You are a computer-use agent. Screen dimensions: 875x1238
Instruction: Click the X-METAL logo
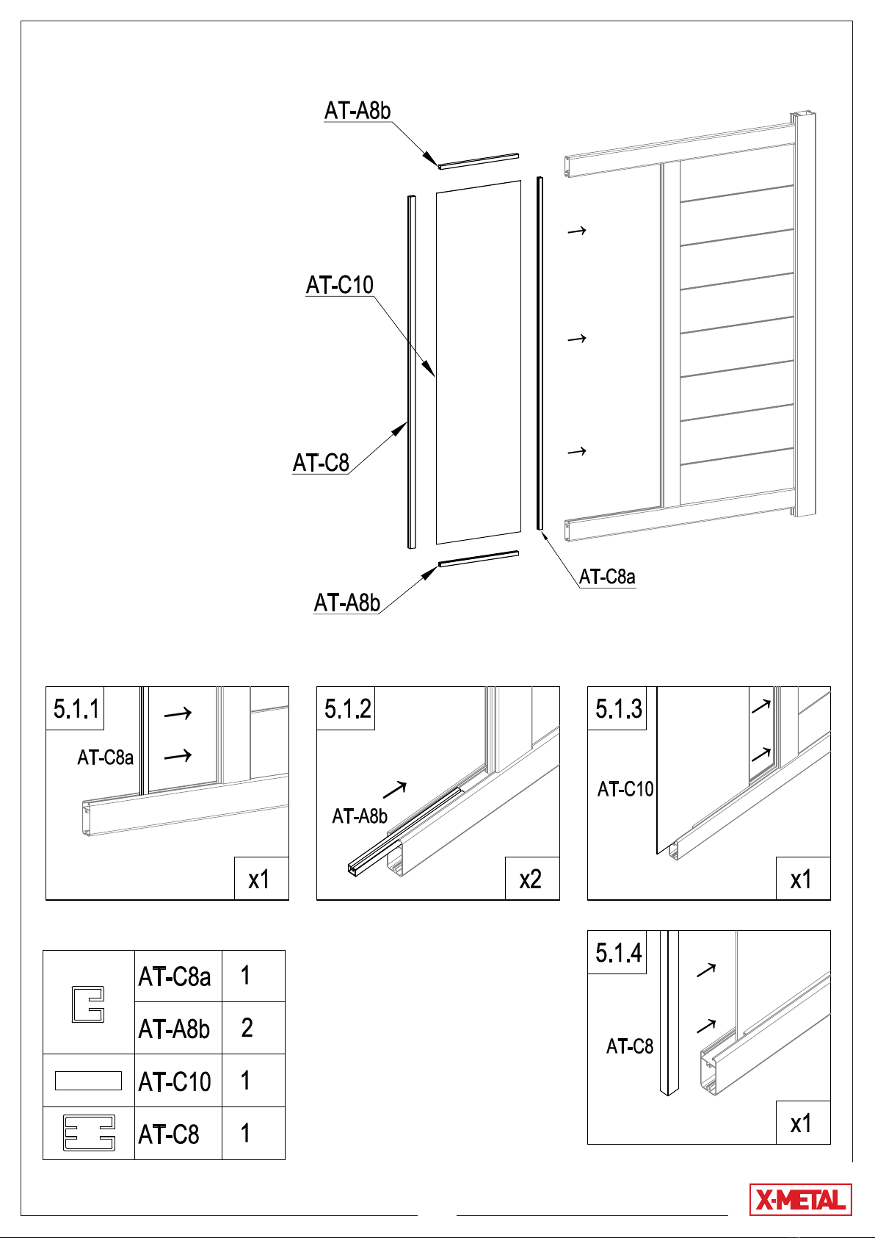pos(800,1199)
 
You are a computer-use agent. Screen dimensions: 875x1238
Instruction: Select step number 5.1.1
pos(76,708)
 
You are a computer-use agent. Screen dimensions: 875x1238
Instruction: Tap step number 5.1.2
pos(347,708)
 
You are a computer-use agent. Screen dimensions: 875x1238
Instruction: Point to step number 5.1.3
pos(618,708)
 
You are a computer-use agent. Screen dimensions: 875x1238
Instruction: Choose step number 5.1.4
pos(618,952)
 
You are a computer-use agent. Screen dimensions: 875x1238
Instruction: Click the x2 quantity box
pos(532,878)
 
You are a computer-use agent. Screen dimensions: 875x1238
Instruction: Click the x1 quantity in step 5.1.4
pos(803,1122)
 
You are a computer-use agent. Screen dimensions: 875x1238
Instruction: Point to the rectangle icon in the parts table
pos(88,1081)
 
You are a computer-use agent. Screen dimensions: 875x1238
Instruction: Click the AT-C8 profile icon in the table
pos(89,1133)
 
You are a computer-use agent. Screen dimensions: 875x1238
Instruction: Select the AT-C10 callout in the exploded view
pos(340,285)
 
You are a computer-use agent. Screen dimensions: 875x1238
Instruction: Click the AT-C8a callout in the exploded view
pos(607,577)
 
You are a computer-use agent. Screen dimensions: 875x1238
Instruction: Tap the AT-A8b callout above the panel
pos(357,110)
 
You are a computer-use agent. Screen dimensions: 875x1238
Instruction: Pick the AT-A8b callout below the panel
pos(346,602)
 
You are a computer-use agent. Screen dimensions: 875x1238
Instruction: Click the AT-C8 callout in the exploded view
pos(321,463)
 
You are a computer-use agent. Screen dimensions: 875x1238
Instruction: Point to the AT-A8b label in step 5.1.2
pos(360,816)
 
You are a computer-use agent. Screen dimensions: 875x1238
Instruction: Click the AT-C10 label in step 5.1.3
pos(625,788)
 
